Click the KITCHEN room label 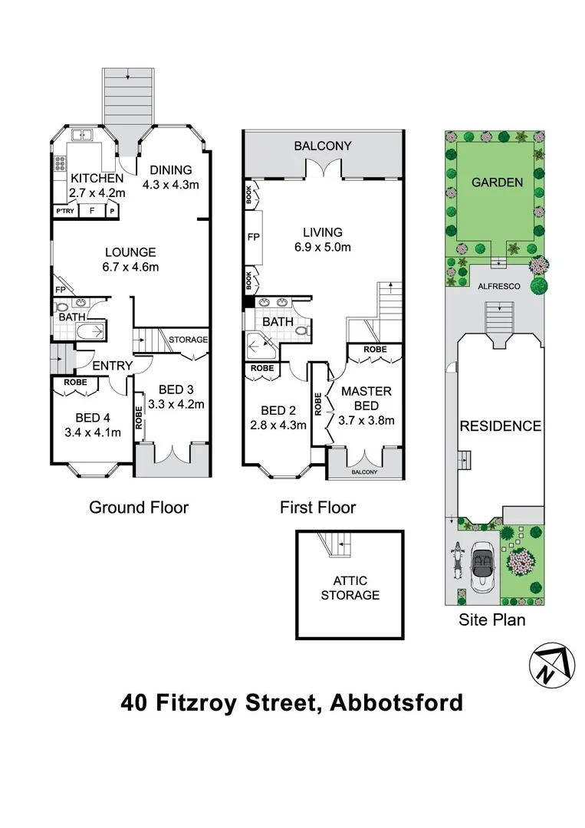pos(90,178)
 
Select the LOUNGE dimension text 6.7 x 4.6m pos(130,267)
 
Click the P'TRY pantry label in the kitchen pos(64,211)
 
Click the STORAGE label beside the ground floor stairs pos(189,340)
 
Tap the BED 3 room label pos(176,389)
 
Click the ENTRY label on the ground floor pos(112,366)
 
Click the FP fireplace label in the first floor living pos(253,238)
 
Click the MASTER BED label pos(366,397)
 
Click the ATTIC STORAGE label pos(350,588)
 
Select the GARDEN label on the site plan pos(497,182)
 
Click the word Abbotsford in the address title pos(396,702)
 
